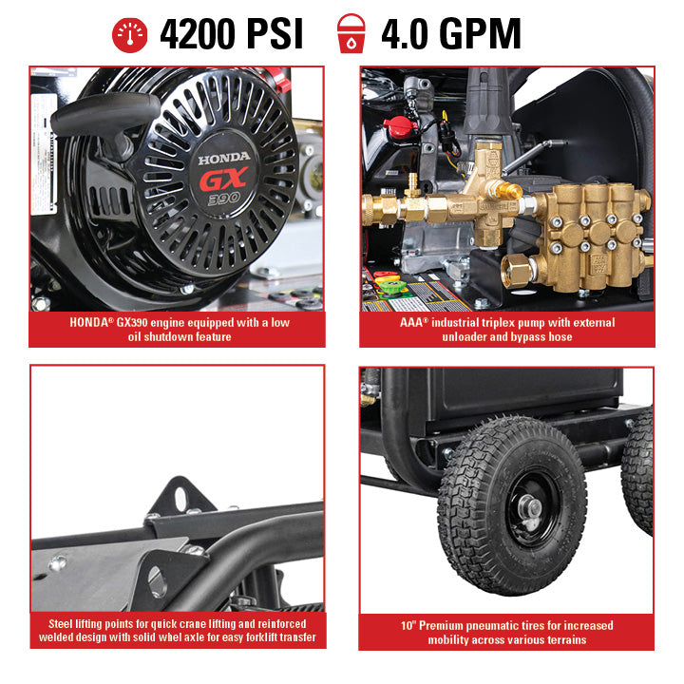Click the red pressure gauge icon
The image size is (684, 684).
pyautogui.click(x=130, y=33)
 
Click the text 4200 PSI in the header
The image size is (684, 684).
pyautogui.click(x=231, y=34)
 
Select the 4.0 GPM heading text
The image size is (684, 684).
pyautogui.click(x=450, y=34)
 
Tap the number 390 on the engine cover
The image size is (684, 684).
pyautogui.click(x=224, y=200)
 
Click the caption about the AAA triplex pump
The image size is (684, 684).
pyautogui.click(x=506, y=330)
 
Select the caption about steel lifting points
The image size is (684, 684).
pyautogui.click(x=178, y=631)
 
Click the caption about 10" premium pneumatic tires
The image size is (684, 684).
pyautogui.click(x=506, y=632)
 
